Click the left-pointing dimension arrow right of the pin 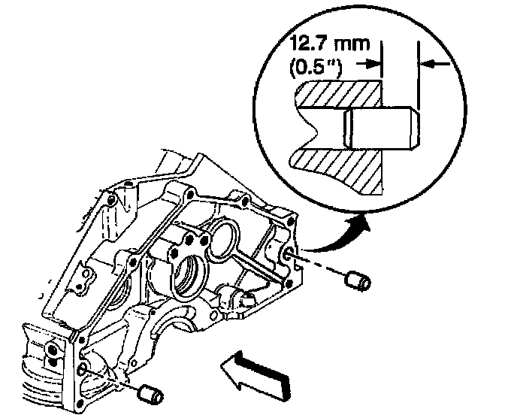tap(437, 65)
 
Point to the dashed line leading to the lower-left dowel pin tap(113, 380)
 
